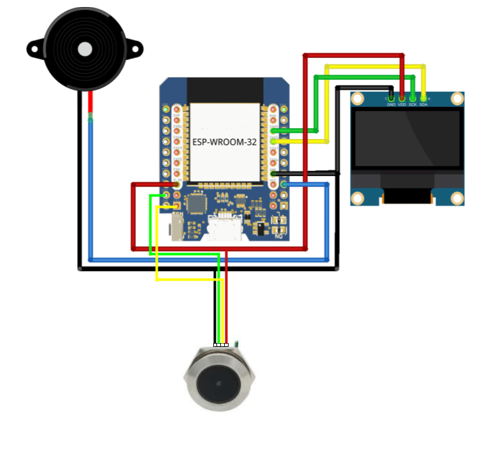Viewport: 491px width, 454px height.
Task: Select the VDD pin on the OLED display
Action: [402, 98]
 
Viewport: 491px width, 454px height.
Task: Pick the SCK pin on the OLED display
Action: [413, 98]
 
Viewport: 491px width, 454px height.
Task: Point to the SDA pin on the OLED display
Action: [423, 98]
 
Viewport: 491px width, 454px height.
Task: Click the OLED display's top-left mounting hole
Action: [358, 98]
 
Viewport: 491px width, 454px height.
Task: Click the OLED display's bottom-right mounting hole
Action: [457, 198]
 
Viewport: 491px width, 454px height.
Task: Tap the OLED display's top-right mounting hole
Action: [457, 98]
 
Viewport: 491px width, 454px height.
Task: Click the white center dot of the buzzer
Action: [84, 48]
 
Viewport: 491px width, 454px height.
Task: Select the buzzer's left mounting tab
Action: [34, 47]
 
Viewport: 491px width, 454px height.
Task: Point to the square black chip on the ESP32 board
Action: [196, 204]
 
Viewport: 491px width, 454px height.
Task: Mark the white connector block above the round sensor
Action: [221, 345]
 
